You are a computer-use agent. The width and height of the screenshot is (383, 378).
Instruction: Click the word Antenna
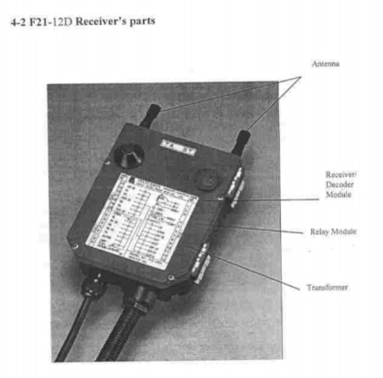pyautogui.click(x=325, y=64)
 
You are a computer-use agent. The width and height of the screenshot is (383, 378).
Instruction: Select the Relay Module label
pyautogui.click(x=333, y=232)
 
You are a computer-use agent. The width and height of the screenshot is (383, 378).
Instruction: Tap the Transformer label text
pyautogui.click(x=327, y=288)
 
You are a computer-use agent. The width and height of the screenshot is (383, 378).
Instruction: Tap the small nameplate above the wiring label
pyautogui.click(x=179, y=146)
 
